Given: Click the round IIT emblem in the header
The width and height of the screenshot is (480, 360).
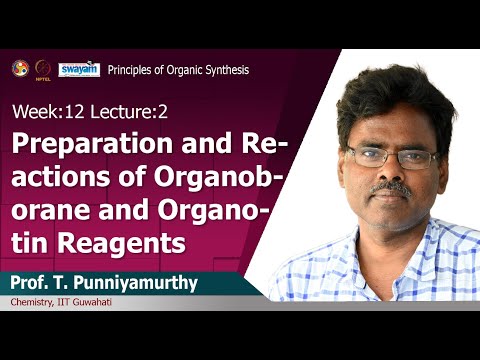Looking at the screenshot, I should point(20,67).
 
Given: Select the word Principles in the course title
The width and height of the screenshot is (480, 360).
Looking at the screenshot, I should point(133,70).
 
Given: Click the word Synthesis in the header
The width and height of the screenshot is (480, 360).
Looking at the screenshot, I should point(225,70).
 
